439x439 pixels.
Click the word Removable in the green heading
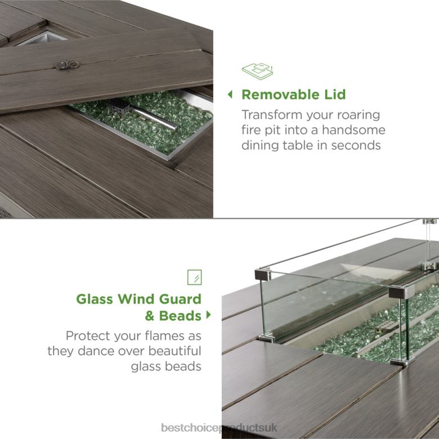click(280, 95)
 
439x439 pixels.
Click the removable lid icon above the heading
click(257, 71)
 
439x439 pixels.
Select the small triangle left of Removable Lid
click(230, 95)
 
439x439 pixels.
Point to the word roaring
click(359, 115)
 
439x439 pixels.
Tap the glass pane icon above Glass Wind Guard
click(195, 277)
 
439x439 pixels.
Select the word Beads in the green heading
click(180, 316)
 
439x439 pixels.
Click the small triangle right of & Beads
click(208, 315)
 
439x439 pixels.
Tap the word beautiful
click(174, 351)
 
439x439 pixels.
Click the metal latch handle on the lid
click(67, 65)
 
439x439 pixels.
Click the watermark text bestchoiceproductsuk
click(219, 428)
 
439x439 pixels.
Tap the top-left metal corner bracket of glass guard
click(263, 275)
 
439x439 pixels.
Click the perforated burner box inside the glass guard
click(386, 326)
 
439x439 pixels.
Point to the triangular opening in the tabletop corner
click(45, 38)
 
